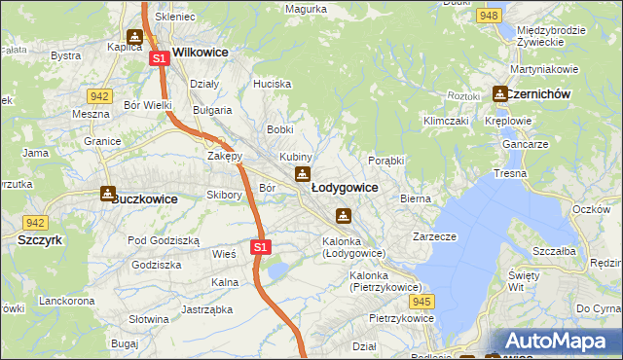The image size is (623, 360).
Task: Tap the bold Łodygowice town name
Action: [x=345, y=186]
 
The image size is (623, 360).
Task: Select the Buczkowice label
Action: [x=145, y=198]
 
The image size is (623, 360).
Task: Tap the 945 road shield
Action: [x=421, y=303]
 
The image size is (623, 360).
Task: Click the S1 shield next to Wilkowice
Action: [x=160, y=58]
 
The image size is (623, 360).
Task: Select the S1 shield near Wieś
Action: [x=259, y=248]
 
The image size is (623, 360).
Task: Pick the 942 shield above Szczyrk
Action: [x=36, y=223]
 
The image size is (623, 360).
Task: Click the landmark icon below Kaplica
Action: [x=133, y=37]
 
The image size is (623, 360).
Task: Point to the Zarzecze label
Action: [x=434, y=235]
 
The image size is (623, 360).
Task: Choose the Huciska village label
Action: [x=272, y=85]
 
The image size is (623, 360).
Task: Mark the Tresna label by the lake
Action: [x=510, y=173]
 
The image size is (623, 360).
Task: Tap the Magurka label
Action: [x=306, y=9]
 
